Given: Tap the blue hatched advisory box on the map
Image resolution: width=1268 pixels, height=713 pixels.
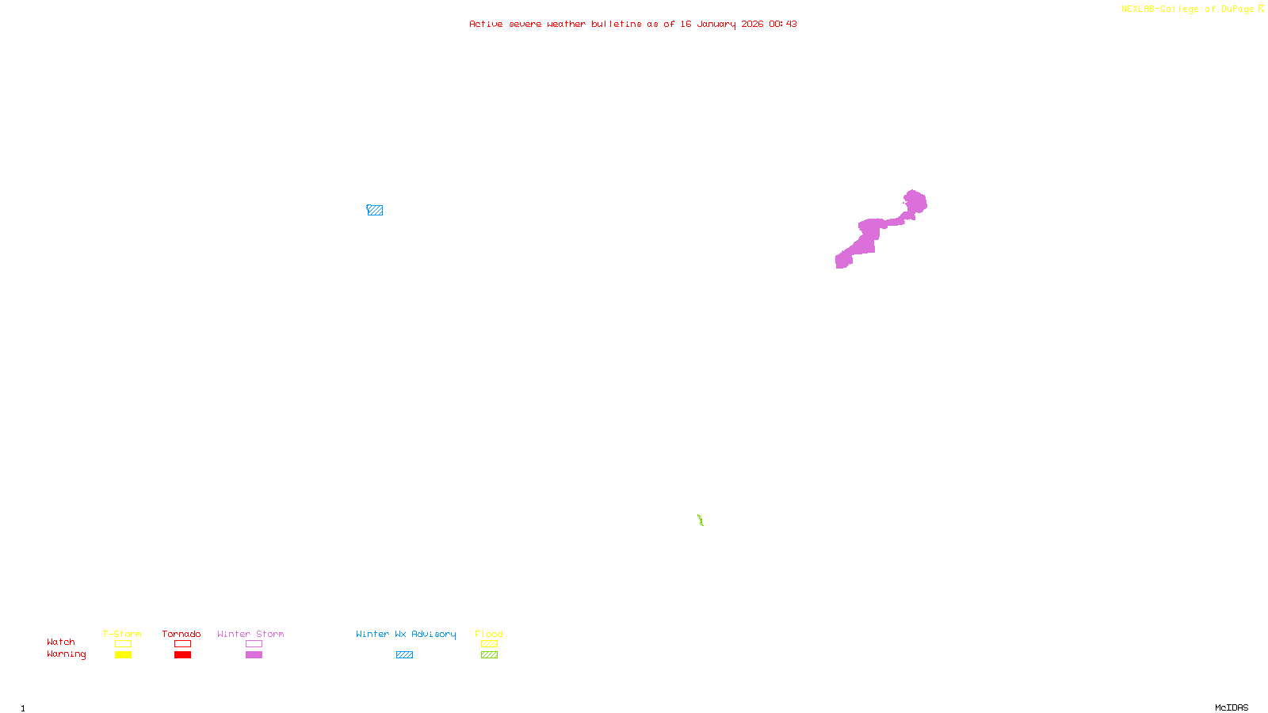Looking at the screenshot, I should tap(375, 210).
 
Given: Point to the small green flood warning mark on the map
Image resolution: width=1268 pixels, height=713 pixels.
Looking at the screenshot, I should tap(701, 520).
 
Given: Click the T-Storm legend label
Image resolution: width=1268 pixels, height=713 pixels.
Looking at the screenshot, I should tap(122, 634).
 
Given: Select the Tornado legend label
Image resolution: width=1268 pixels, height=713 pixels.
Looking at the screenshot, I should tap(181, 634).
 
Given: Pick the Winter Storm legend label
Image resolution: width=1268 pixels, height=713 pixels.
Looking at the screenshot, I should tap(250, 634).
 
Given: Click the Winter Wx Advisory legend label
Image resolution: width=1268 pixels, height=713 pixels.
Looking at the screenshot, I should tap(406, 634).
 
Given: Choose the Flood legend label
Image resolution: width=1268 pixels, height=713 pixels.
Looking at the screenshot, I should tap(489, 634).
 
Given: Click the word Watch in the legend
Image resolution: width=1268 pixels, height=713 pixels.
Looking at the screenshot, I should tap(61, 642).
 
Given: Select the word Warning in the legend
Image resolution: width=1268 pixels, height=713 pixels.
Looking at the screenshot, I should tap(67, 654).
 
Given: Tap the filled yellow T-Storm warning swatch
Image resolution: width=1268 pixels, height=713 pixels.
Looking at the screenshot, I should tap(123, 655).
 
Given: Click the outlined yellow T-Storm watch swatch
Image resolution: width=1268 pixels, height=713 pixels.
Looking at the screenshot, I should tap(123, 644).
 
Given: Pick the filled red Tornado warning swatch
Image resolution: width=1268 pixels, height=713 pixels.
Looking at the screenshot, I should tap(182, 655).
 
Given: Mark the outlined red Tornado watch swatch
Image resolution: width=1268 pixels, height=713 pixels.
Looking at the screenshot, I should tap(182, 644).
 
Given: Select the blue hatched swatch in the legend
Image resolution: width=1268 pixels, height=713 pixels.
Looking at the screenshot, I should tap(404, 655).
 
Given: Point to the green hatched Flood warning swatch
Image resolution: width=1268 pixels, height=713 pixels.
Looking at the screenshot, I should tap(489, 655).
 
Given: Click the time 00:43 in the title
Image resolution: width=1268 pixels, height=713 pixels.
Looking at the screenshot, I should tap(783, 24).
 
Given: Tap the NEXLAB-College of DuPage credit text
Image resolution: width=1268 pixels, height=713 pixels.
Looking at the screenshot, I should tap(1188, 10).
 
